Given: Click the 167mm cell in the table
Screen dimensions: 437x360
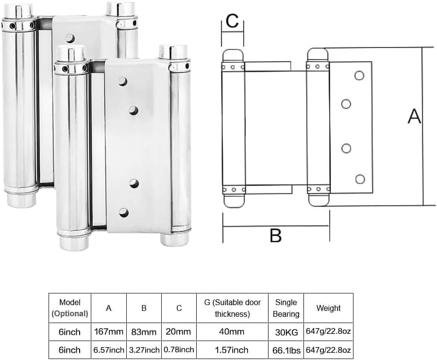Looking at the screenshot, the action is click(x=109, y=331).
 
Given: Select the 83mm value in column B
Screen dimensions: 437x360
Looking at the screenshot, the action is click(x=144, y=331).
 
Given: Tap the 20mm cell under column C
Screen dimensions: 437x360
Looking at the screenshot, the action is click(x=179, y=331).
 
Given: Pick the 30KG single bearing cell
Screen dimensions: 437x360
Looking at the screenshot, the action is click(x=286, y=331).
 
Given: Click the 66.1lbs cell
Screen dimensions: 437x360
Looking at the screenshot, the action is click(x=286, y=350).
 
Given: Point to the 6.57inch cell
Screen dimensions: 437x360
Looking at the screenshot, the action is click(x=109, y=350).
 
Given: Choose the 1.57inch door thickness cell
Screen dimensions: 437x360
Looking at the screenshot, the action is click(x=232, y=350).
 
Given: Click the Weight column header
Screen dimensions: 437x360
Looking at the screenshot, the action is click(x=329, y=308).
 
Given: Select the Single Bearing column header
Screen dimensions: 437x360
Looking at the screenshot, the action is click(x=286, y=308).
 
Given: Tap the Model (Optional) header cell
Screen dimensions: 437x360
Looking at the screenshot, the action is click(x=69, y=308).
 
